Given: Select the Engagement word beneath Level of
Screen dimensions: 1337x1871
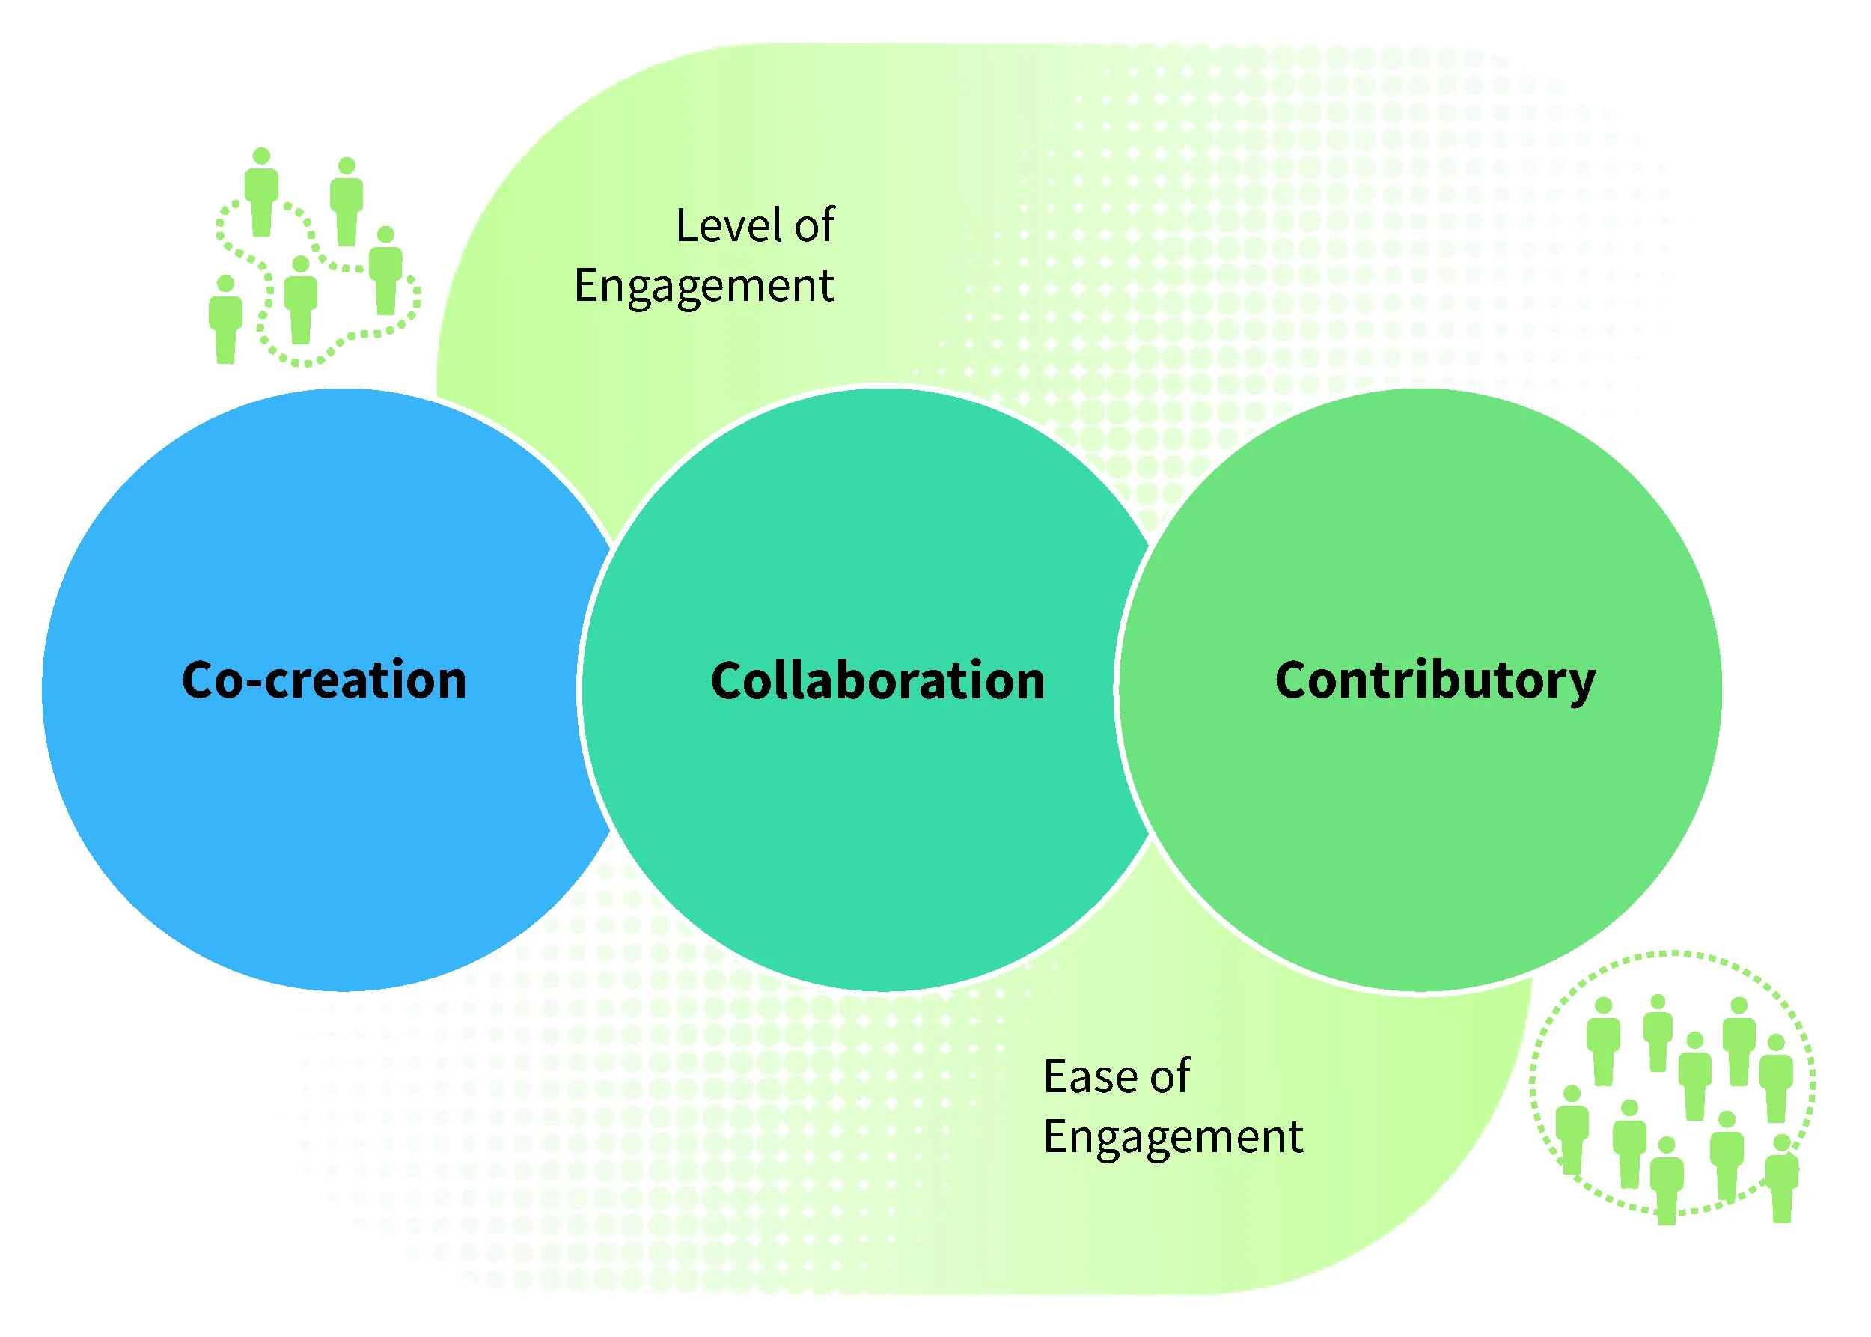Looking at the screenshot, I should coord(703,287).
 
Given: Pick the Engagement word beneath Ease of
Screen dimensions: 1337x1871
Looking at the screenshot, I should coord(1173,1137).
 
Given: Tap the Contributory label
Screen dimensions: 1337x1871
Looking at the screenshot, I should coord(1435,682).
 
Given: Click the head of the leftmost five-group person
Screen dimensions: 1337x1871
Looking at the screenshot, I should coord(225,284).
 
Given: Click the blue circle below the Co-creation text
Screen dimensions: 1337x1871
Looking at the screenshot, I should coord(329,823).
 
